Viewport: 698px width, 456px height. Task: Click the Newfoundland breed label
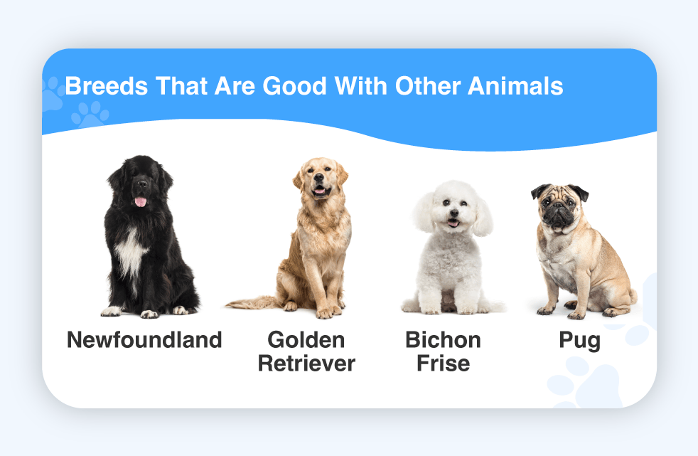pyautogui.click(x=144, y=340)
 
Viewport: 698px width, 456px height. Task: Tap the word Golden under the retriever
pyautogui.click(x=306, y=340)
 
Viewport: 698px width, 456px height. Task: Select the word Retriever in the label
pyautogui.click(x=306, y=364)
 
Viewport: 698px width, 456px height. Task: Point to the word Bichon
pyautogui.click(x=443, y=340)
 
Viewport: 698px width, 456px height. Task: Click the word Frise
pyautogui.click(x=444, y=364)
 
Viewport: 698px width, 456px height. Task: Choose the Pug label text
pyautogui.click(x=579, y=341)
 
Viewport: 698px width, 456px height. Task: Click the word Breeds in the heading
pyautogui.click(x=107, y=85)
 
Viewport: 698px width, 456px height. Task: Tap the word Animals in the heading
pyautogui.click(x=515, y=85)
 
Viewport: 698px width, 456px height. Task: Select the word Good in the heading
pyautogui.click(x=295, y=85)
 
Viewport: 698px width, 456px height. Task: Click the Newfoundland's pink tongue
pyautogui.click(x=141, y=202)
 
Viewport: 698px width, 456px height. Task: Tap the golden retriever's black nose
pyautogui.click(x=319, y=177)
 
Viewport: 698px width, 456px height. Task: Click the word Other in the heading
pyautogui.click(x=428, y=85)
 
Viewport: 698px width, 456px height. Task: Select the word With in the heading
pyautogui.click(x=360, y=85)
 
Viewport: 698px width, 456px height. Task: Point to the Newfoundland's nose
pyautogui.click(x=142, y=183)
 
